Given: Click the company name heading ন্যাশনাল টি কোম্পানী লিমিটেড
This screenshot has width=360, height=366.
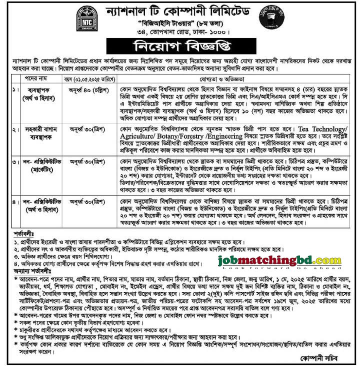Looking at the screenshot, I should [x=180, y=11].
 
